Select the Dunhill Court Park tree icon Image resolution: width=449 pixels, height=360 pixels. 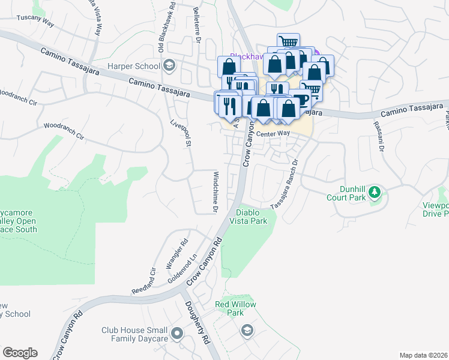tap(375, 192)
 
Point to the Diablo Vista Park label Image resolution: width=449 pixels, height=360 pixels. tap(251, 217)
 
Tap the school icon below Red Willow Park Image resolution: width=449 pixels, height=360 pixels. tap(247, 331)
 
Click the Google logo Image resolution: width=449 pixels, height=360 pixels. tap(20, 353)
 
